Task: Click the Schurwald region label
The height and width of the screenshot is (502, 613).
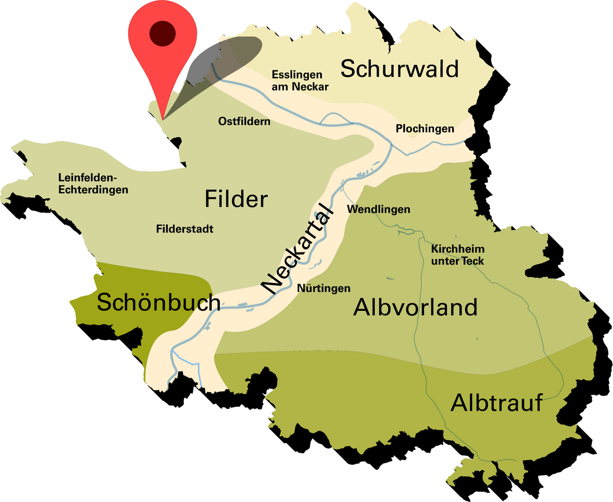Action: pyautogui.click(x=399, y=69)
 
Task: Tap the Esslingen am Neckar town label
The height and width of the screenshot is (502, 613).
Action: pyautogui.click(x=300, y=80)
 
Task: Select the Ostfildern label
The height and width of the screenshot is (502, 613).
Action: pyautogui.click(x=244, y=122)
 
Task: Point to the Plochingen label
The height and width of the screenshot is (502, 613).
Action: pyautogui.click(x=425, y=129)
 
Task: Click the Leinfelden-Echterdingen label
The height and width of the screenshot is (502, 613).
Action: pyautogui.click(x=93, y=183)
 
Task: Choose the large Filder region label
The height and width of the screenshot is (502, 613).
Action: pyautogui.click(x=236, y=199)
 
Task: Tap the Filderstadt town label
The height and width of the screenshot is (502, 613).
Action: pyautogui.click(x=184, y=229)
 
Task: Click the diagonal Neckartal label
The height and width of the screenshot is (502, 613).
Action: pyautogui.click(x=297, y=249)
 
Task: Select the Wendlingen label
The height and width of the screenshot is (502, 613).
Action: pyautogui.click(x=378, y=209)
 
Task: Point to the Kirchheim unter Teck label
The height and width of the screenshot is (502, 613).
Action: pyautogui.click(x=457, y=255)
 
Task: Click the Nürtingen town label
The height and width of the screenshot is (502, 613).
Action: pyautogui.click(x=324, y=288)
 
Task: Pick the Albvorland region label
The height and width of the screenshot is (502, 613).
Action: pyautogui.click(x=415, y=308)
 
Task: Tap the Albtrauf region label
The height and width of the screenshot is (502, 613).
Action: pyautogui.click(x=497, y=403)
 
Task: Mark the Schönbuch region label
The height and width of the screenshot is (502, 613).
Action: pyautogui.click(x=159, y=303)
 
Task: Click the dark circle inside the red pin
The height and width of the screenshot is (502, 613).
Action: pyautogui.click(x=163, y=34)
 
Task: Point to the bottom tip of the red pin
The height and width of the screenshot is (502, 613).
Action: pyautogui.click(x=163, y=118)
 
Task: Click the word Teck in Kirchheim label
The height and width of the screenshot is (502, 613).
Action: pyautogui.click(x=473, y=262)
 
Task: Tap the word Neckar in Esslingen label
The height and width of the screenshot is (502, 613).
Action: pyautogui.click(x=310, y=87)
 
